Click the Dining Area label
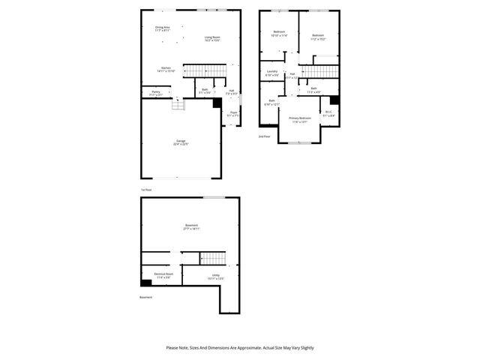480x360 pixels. (x=162, y=28)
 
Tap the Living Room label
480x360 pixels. (x=212, y=37)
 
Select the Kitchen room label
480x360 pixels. (x=166, y=69)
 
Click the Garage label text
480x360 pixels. (x=181, y=142)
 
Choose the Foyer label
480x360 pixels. (x=234, y=114)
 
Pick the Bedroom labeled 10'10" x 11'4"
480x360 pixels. (x=278, y=33)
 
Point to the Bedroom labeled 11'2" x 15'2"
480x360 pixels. (x=318, y=35)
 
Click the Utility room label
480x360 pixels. (x=215, y=275)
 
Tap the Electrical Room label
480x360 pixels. (x=163, y=275)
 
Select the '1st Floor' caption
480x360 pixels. (x=146, y=190)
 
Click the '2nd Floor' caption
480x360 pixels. (x=264, y=137)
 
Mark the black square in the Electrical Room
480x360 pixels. (x=145, y=283)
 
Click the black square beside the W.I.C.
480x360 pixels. (x=335, y=100)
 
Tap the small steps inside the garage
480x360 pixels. (x=177, y=106)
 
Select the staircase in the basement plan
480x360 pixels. (x=211, y=258)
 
